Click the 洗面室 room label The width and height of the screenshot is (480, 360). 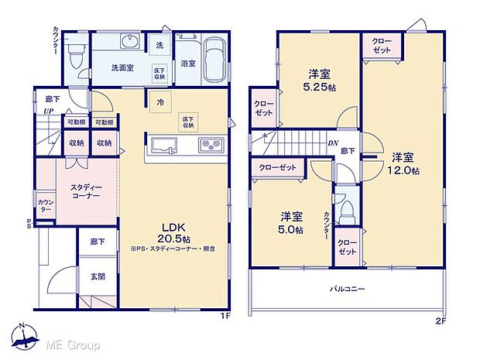tap(120, 67)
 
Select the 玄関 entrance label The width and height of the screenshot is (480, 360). tap(97, 276)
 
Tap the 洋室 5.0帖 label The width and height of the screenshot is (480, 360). tap(292, 222)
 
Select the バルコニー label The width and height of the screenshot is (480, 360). tap(348, 290)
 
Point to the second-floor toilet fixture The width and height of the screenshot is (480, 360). tap(348, 210)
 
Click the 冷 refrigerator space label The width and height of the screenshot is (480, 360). tap(159, 101)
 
